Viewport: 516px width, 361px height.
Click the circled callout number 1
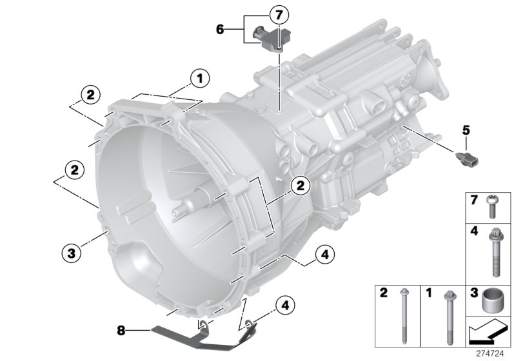click(x=199, y=79)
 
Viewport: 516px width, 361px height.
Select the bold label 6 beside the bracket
click(x=219, y=29)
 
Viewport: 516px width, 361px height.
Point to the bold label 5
click(x=464, y=129)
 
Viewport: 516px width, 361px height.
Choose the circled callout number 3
click(x=73, y=252)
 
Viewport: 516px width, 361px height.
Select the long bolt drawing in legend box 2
click(x=405, y=316)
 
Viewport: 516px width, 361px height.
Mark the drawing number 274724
click(x=494, y=353)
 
